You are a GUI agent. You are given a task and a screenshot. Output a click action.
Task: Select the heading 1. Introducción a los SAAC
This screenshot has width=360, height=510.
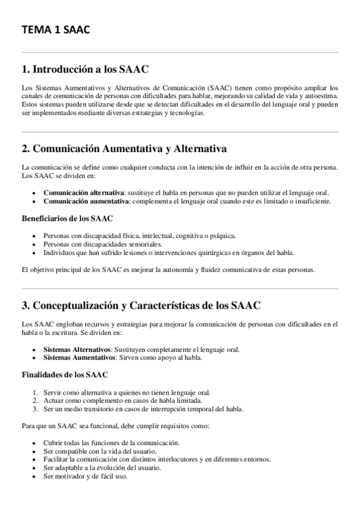pos(85,69)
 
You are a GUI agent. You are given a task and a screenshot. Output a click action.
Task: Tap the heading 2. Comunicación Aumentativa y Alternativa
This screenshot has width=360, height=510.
pos(123,149)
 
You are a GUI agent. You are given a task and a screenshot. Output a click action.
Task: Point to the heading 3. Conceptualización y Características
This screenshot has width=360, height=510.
pos(141,306)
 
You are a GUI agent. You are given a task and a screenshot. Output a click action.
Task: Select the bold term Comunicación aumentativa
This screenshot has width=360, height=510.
pos(85,201)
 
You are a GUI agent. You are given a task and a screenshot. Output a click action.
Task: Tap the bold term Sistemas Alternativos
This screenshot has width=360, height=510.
pos(76,349)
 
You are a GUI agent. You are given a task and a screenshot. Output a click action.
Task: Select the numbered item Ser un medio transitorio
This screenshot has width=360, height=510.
pos(143,410)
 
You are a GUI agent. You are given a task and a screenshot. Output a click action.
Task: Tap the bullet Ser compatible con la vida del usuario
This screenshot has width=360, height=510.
pos(99,450)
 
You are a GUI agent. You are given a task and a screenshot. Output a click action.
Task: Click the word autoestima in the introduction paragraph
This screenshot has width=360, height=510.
pos(322,98)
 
